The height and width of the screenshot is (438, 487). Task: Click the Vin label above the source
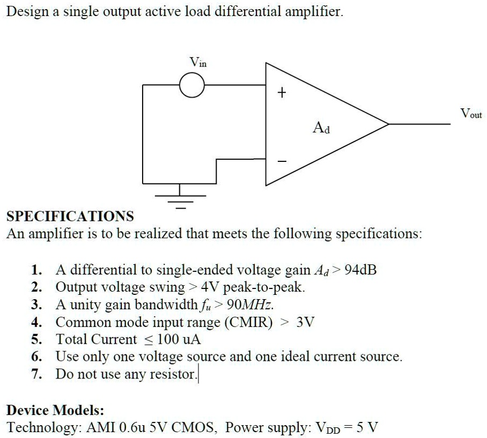pos(198,62)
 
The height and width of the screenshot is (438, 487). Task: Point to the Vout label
pos(471,114)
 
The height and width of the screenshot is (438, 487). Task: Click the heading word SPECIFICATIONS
pos(70,217)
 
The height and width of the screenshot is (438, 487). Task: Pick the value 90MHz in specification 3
pos(250,305)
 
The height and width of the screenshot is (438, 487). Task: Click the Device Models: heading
pos(55,410)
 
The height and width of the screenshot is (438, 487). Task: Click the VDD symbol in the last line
pos(327,428)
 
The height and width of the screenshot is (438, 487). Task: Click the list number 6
pos(36,357)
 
